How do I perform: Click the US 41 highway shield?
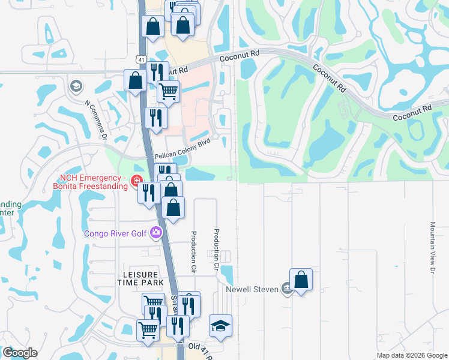click(x=140, y=59)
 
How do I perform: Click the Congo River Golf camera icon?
click(x=157, y=232)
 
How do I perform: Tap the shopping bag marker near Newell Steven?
click(x=301, y=280)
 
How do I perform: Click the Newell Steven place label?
click(x=252, y=289)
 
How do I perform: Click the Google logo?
click(x=20, y=353)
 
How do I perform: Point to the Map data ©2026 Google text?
click(x=412, y=355)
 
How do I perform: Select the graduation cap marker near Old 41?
click(x=220, y=326)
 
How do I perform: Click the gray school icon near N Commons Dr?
click(x=76, y=87)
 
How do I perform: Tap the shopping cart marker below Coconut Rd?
click(x=169, y=92)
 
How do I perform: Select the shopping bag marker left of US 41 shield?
click(x=136, y=80)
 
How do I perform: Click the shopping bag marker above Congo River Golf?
click(x=173, y=208)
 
